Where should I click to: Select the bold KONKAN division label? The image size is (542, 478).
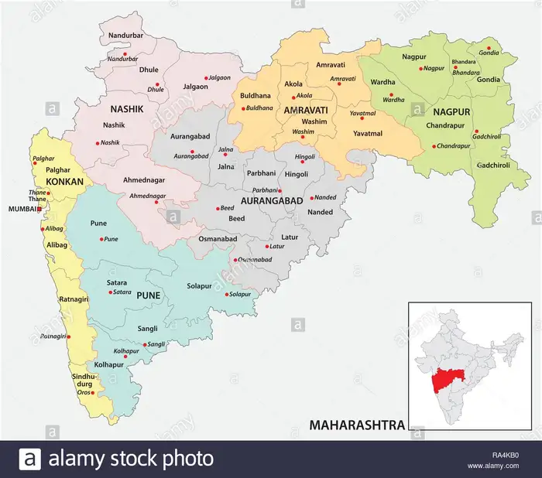(65, 181)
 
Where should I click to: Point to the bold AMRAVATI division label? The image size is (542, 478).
(306, 111)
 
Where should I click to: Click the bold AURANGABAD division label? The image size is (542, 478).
(271, 200)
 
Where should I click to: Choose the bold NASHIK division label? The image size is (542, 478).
(127, 109)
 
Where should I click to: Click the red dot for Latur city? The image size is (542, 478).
(267, 246)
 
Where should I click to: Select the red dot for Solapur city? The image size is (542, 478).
(228, 294)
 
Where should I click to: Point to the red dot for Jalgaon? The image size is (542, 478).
(206, 77)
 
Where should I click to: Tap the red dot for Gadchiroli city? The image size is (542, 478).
(477, 131)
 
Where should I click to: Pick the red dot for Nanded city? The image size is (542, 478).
(311, 197)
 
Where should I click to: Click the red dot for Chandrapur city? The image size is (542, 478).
(434, 145)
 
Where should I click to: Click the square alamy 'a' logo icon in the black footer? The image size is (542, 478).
(29, 459)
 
